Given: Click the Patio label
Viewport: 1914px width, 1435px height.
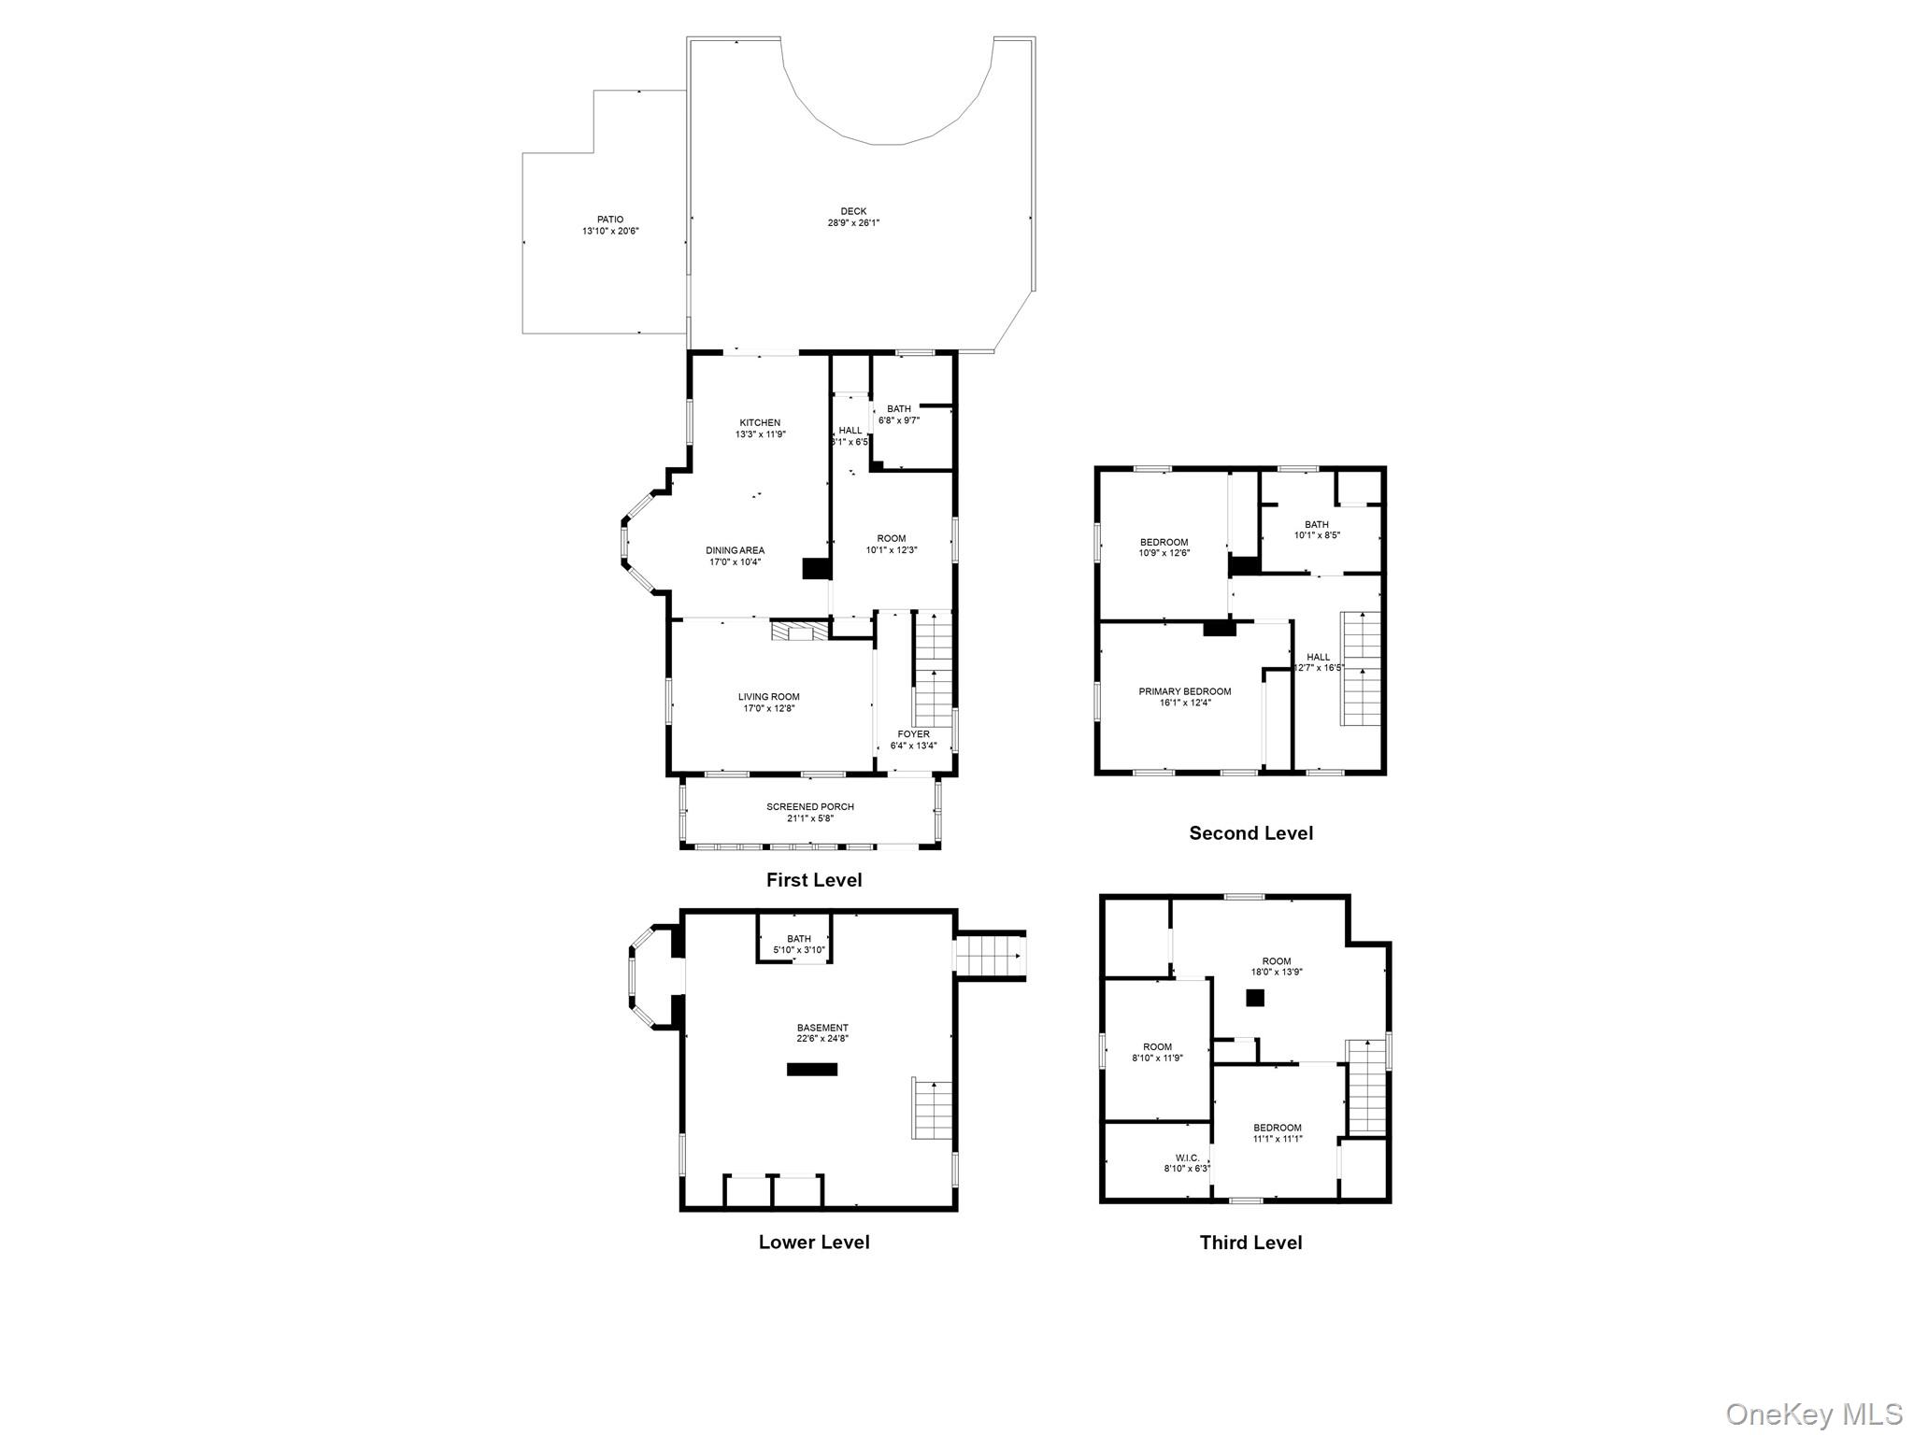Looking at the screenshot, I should pyautogui.click(x=609, y=220).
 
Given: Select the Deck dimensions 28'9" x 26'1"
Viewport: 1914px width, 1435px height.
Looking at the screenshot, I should pyautogui.click(x=852, y=223).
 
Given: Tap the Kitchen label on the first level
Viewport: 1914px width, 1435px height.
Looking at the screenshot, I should pyautogui.click(x=760, y=422).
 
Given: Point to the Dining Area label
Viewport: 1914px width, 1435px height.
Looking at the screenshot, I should pyautogui.click(x=735, y=550).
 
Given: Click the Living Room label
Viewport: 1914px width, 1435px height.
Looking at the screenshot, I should pyautogui.click(x=768, y=696).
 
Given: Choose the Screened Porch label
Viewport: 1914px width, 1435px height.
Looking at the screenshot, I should pyautogui.click(x=809, y=806).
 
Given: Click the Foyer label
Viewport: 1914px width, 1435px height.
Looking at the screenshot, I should pyautogui.click(x=913, y=734).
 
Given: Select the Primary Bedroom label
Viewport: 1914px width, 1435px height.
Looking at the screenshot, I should pyautogui.click(x=1184, y=691).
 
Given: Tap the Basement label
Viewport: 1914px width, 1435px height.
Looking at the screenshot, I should pyautogui.click(x=822, y=1028).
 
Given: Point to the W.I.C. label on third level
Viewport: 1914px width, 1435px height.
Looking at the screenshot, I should pyautogui.click(x=1187, y=1158).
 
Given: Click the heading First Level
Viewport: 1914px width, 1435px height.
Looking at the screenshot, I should pyautogui.click(x=813, y=879).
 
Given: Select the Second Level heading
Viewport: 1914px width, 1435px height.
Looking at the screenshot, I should pyautogui.click(x=1250, y=832).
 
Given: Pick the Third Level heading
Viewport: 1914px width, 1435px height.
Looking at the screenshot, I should pyautogui.click(x=1250, y=1242).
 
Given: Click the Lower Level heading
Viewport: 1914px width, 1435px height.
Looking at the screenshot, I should pyautogui.click(x=813, y=1242).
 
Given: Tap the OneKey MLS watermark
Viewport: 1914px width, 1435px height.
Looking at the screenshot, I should pyautogui.click(x=1813, y=1413).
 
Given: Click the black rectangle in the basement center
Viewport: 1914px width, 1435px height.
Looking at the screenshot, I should pyautogui.click(x=811, y=1069).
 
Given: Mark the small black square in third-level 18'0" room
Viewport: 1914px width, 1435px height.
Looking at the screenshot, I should pyautogui.click(x=1254, y=998).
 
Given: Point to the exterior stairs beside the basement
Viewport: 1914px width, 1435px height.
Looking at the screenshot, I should pyautogui.click(x=990, y=956).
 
